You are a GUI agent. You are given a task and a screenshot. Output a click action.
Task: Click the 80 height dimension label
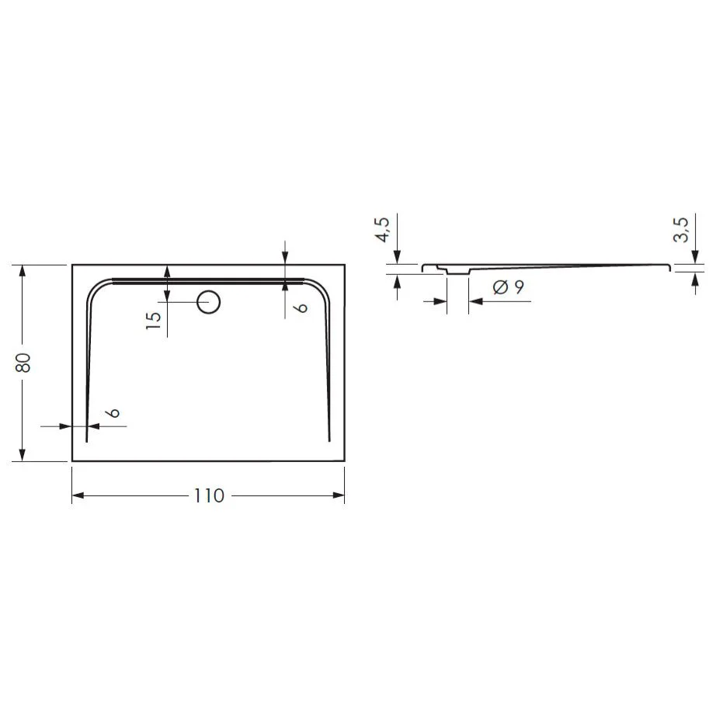(24, 363)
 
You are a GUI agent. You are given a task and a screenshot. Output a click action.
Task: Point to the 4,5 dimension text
(382, 230)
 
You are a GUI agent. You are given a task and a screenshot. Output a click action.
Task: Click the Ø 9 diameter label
(509, 287)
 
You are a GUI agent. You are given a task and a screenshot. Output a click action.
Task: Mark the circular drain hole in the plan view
(208, 301)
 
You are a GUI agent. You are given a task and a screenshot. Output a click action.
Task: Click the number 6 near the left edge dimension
(113, 413)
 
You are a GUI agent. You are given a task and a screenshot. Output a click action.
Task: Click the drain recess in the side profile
(458, 271)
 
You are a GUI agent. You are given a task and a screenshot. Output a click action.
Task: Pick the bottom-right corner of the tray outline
(344, 461)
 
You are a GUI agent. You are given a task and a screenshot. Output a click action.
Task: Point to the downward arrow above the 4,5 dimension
(397, 257)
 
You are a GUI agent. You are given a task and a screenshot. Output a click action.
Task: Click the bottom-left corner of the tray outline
(72, 461)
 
